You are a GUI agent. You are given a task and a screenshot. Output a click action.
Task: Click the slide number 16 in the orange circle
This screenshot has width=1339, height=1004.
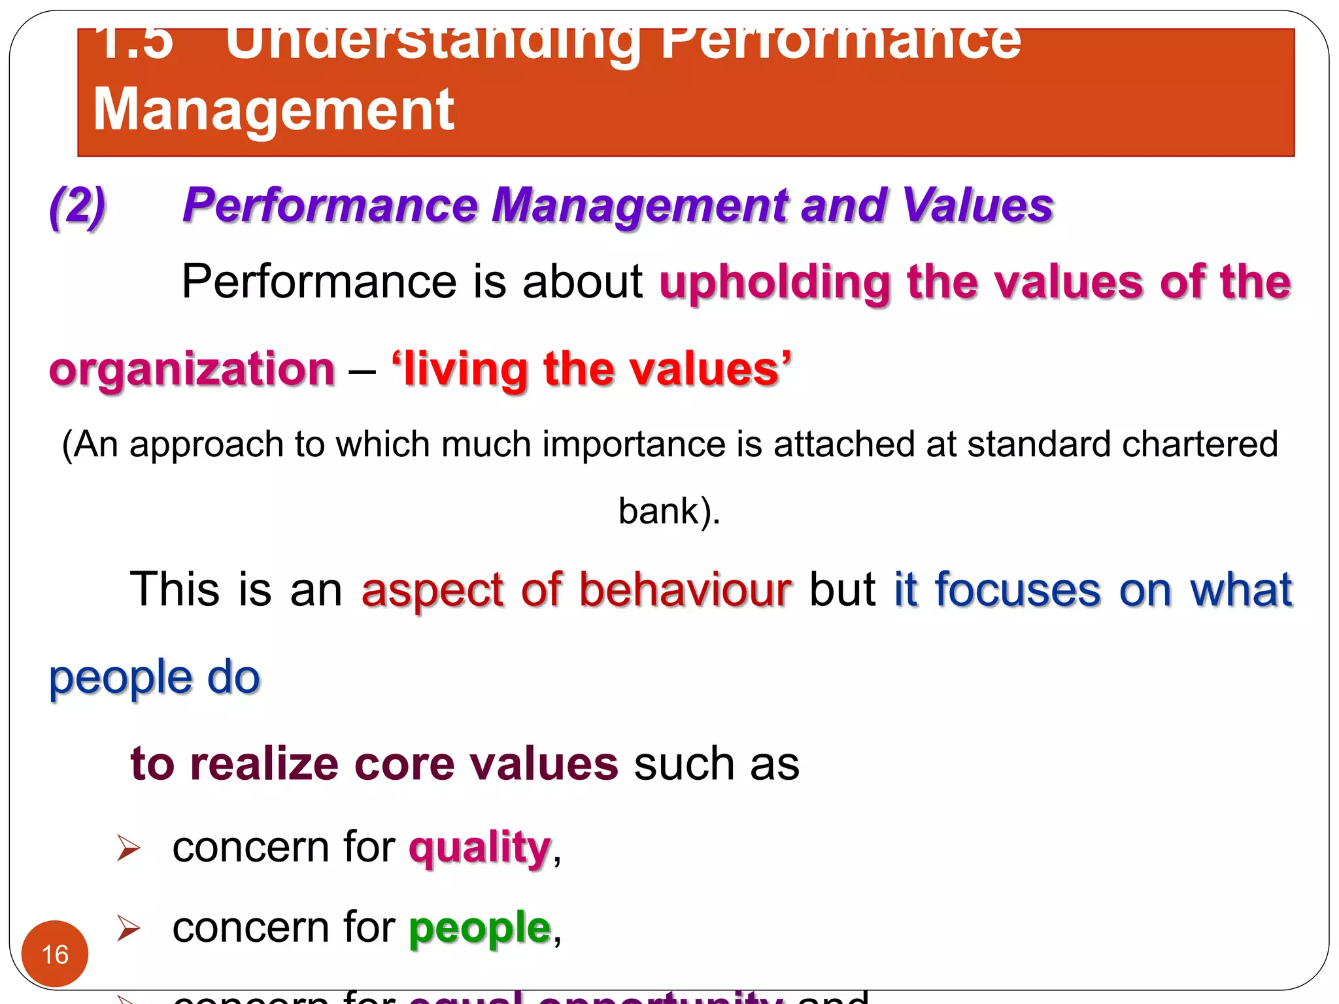coord(55,954)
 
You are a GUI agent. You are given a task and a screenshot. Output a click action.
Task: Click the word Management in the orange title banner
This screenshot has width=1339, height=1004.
coord(273,110)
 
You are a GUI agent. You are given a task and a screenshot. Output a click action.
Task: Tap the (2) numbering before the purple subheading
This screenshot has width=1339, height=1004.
coord(78,206)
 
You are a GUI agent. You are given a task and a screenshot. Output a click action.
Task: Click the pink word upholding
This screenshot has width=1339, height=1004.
coord(775,282)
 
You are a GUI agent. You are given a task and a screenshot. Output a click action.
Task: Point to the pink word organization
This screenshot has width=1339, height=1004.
coord(192,369)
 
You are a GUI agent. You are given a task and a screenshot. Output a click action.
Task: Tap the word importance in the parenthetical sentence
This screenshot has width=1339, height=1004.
coord(634,444)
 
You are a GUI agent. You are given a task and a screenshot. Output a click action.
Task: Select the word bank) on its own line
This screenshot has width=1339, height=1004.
coord(668,511)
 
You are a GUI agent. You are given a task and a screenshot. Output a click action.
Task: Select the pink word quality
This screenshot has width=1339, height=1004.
coord(480,848)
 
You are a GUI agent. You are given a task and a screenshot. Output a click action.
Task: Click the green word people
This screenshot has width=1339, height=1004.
coord(480,928)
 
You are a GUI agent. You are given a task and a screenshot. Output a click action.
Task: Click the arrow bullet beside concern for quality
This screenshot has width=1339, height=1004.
coord(128,848)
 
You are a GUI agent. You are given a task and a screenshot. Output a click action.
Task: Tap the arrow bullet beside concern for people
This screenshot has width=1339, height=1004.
coord(128,928)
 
